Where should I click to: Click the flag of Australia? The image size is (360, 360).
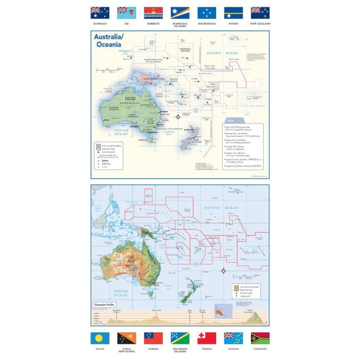pos(100,13)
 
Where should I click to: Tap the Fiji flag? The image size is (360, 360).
pos(127,13)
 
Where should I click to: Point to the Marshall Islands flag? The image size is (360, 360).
pos(180,13)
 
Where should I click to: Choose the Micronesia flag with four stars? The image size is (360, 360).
pos(207,13)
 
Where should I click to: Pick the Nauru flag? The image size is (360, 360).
pos(233,13)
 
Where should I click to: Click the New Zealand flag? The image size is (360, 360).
pos(260,13)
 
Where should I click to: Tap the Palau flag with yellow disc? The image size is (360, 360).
pos(100,338)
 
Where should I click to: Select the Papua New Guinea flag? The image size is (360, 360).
pos(127,338)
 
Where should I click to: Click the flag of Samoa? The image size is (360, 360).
pos(153,338)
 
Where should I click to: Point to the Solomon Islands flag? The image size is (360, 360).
pos(180,338)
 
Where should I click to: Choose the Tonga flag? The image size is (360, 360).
pos(207,338)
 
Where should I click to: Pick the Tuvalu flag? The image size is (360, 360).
pos(233,338)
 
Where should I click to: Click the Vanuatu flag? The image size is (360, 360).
pos(260,338)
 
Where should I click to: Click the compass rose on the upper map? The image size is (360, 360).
pos(178,117)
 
